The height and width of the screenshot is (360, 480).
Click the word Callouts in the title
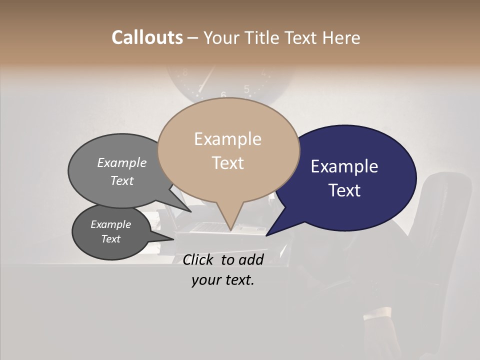tap(147, 37)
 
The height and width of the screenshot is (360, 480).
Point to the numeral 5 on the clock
tap(246, 89)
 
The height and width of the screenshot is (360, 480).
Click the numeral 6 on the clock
tap(223, 95)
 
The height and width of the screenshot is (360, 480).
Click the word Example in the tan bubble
tap(227, 139)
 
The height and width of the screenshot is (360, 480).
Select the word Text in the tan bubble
tap(227, 163)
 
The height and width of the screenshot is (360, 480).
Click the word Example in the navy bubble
tap(344, 166)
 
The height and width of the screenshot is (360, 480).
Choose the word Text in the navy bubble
tap(344, 190)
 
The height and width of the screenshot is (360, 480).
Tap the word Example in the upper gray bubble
tap(122, 162)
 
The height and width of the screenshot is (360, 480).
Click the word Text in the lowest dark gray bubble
tap(111, 239)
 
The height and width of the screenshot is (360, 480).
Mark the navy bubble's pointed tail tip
tap(267, 235)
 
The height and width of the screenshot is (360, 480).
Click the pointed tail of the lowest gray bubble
tap(172, 239)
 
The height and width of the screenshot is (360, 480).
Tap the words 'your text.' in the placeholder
tap(223, 280)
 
